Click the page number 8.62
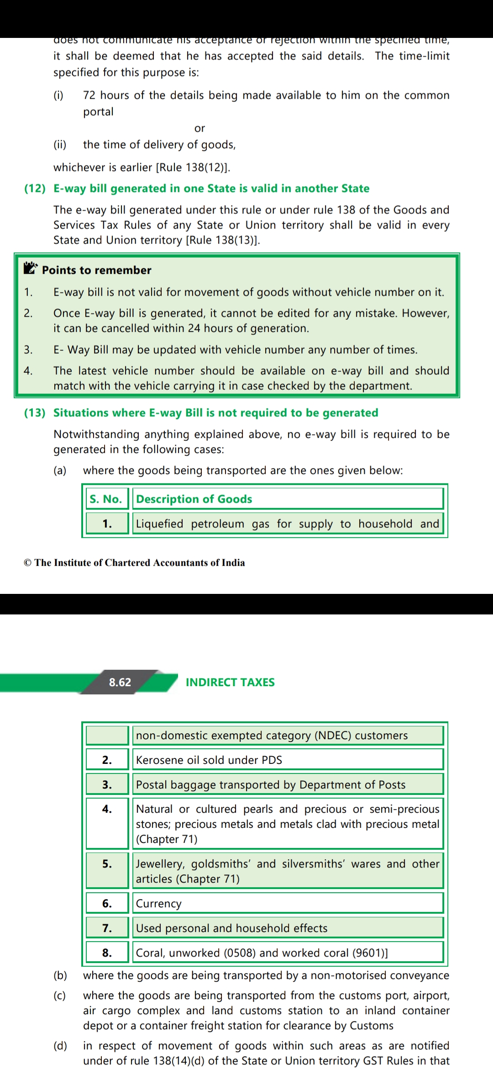point(120,682)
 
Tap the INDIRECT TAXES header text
point(230,682)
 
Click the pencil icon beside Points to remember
point(30,268)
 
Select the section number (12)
point(35,188)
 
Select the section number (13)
point(35,413)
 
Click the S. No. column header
point(106,499)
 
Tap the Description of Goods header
point(194,499)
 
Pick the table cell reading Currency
point(159,903)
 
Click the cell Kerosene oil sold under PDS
point(209,760)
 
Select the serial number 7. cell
point(107,928)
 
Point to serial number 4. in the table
point(107,809)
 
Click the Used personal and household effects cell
point(232,928)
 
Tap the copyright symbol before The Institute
point(28,563)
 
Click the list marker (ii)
point(60,145)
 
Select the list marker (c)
point(60,995)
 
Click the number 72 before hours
point(89,95)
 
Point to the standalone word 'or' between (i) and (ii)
point(199,128)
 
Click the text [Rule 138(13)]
point(223,240)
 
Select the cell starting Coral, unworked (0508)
point(262,953)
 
